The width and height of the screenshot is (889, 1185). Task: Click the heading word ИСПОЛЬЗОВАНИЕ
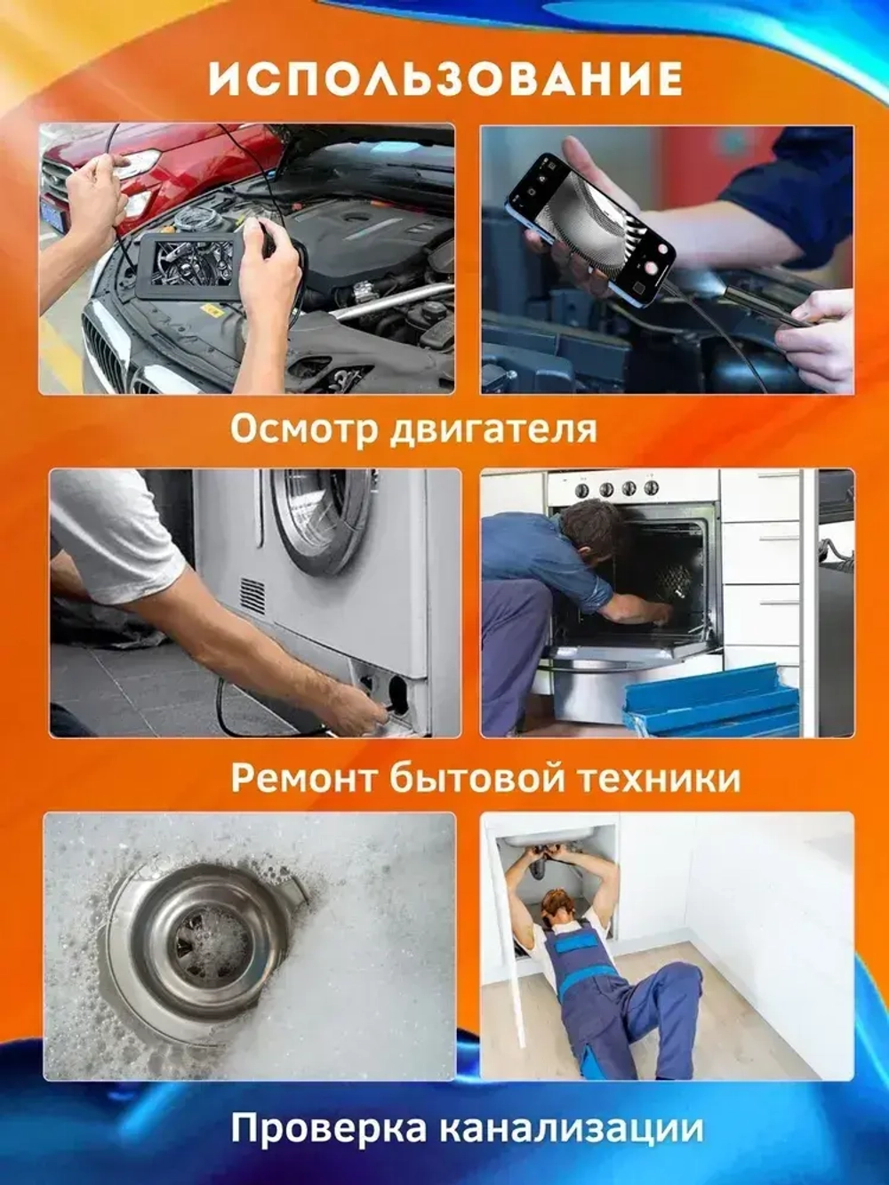pos(445,79)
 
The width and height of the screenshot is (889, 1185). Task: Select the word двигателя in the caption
pos(493,429)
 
